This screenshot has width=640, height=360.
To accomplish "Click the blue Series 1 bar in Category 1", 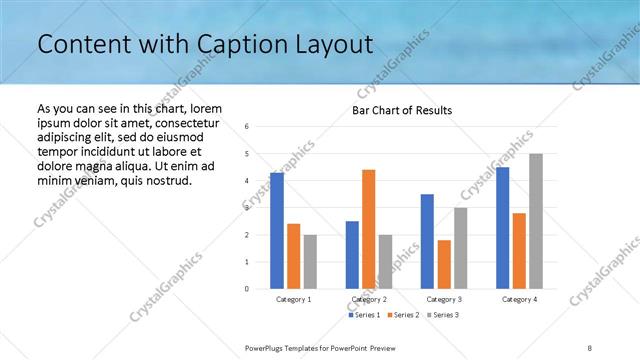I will click(x=277, y=231).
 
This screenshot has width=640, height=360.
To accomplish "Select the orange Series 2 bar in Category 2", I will click(x=368, y=229).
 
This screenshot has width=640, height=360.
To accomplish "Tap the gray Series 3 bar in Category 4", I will click(x=536, y=221).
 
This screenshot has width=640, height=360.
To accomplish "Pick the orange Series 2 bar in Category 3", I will click(x=444, y=264).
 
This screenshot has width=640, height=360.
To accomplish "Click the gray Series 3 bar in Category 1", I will click(x=310, y=262).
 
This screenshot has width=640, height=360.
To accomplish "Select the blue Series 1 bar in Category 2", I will click(x=352, y=255).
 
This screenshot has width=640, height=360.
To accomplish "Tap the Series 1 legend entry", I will click(x=364, y=316).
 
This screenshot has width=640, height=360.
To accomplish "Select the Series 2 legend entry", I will click(x=402, y=316).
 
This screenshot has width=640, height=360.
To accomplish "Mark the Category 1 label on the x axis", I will click(x=293, y=299).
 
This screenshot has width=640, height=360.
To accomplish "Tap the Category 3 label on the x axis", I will click(x=443, y=299).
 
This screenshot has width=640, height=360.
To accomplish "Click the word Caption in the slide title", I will click(x=225, y=45).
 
